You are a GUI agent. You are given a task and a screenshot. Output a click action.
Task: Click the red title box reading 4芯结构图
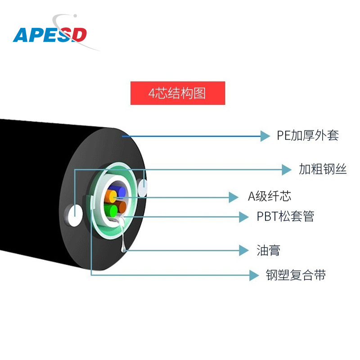point(178,93)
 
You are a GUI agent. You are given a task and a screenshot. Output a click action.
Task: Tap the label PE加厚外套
point(308,135)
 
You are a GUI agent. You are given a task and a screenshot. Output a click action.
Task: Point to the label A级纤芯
point(270,196)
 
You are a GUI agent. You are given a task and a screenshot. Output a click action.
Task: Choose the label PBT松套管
point(285,216)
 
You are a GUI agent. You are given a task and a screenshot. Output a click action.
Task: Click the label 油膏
point(268,251)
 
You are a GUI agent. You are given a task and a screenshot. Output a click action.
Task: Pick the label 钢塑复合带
point(296,275)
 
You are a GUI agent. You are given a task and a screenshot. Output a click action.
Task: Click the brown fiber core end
point(121,207)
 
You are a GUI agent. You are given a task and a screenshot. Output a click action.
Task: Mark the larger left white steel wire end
point(74,215)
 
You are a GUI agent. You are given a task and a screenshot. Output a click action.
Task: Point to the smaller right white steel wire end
point(143,187)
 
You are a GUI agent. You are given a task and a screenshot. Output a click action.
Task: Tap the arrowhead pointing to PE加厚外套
point(265,135)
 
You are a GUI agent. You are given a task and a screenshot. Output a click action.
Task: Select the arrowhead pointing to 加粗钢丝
point(287,170)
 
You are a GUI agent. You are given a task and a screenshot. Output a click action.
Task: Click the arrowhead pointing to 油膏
point(243,251)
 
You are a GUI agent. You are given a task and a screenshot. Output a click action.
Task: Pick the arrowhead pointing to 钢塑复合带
point(254,275)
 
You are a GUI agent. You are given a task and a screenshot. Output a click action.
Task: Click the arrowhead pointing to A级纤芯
point(233,197)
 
